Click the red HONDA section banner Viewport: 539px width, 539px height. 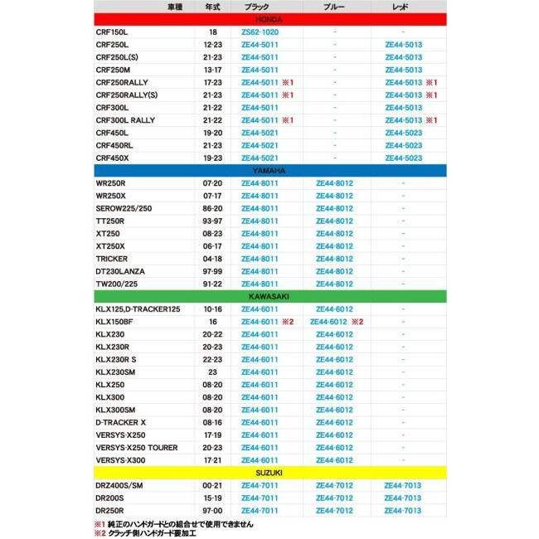click(x=269, y=18)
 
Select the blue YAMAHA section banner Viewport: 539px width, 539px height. click(x=269, y=170)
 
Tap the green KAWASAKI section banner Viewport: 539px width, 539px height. click(x=269, y=296)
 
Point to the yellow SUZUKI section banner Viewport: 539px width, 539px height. click(x=269, y=472)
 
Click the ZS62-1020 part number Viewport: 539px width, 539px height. click(x=260, y=32)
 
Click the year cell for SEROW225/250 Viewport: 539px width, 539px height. click(x=212, y=208)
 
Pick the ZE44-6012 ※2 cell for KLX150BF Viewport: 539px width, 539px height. click(x=337, y=322)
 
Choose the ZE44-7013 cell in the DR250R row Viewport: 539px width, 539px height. click(x=403, y=511)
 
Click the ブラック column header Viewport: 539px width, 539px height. click(x=257, y=7)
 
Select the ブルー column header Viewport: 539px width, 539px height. click(x=334, y=7)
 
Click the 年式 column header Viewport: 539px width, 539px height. click(x=212, y=7)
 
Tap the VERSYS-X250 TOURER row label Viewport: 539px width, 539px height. click(x=137, y=448)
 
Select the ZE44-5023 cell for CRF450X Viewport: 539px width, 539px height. click(x=403, y=158)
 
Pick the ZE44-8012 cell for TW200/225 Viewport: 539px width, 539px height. click(x=334, y=284)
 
